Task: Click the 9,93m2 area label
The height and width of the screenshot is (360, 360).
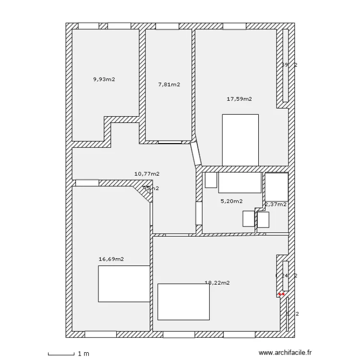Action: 104,79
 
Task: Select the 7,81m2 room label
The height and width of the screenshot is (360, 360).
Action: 169,84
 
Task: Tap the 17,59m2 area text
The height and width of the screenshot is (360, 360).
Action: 239,99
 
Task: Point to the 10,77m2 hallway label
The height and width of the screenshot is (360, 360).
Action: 147,174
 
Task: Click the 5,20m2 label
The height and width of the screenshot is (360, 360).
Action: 231,201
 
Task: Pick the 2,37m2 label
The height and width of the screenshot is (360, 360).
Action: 276,204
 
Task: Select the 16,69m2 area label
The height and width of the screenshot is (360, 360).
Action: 111,259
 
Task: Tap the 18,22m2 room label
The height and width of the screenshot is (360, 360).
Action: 217,283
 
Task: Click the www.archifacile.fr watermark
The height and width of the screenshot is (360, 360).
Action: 285,353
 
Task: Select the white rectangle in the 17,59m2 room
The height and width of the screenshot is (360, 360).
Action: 240,140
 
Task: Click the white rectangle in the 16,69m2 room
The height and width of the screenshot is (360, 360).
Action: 124,284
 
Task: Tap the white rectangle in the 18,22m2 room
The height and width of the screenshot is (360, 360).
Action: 183,301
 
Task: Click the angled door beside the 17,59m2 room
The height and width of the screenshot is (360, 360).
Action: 195,154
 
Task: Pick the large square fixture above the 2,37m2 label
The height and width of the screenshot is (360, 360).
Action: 276,187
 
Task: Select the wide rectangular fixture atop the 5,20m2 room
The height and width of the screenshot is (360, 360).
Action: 240,183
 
